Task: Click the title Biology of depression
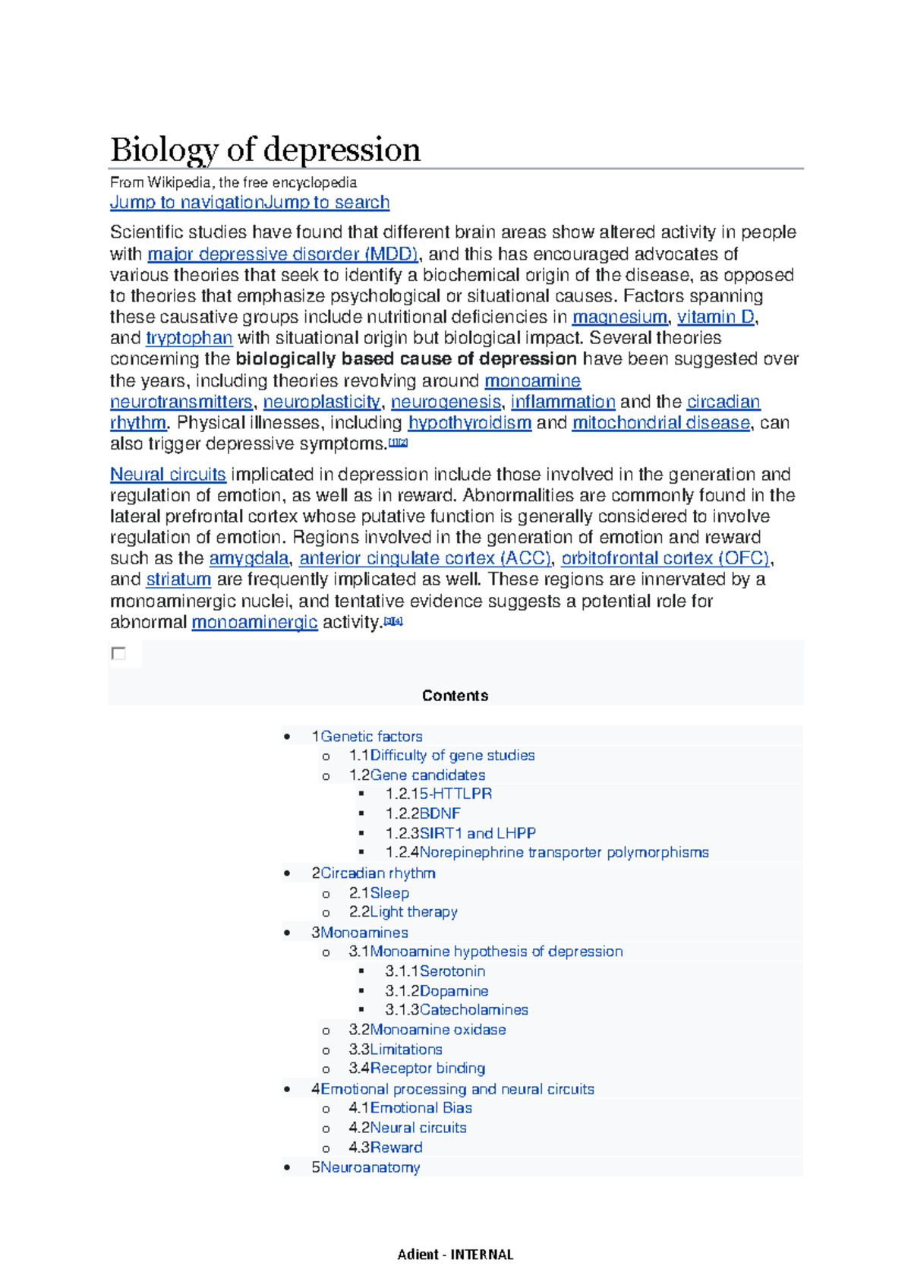coord(265,150)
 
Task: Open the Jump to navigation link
coord(186,202)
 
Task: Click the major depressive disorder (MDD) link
coord(282,254)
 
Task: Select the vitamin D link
coord(715,317)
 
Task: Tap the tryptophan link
coord(189,338)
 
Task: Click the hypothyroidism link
coord(469,422)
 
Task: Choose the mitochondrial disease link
coord(660,422)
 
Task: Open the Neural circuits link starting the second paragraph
coord(168,475)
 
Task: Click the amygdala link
coord(249,558)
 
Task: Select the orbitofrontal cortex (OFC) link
coord(665,558)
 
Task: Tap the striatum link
coord(178,579)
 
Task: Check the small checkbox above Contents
coord(118,654)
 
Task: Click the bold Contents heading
coord(455,696)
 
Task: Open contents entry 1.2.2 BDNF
coord(440,813)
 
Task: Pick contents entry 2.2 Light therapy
coord(413,912)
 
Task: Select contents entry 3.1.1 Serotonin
coord(452,971)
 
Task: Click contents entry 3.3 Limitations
coord(405,1050)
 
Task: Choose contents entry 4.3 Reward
coord(396,1148)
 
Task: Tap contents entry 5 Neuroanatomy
coord(370,1167)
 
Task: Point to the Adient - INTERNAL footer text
coord(455,1255)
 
